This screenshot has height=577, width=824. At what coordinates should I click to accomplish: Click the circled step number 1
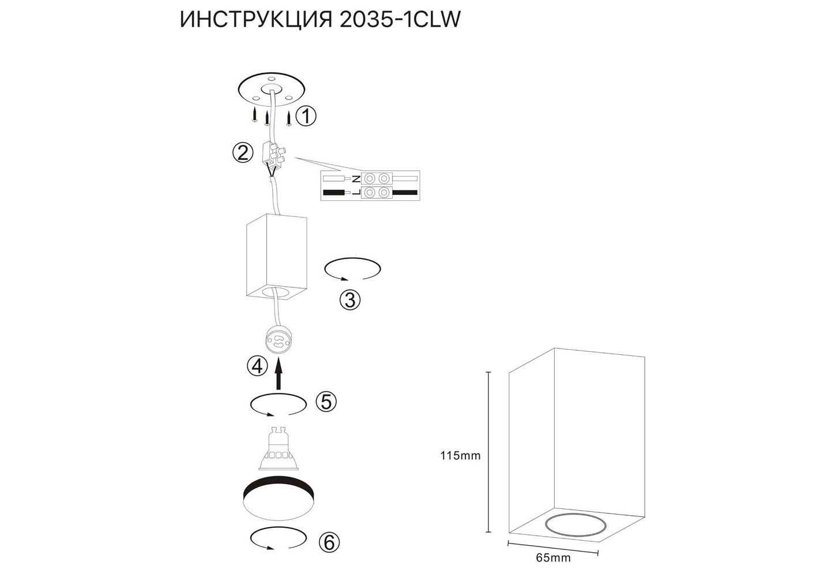point(306,117)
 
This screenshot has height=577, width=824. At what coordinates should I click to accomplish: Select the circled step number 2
point(243,153)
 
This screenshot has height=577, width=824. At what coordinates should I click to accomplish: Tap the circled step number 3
point(350,300)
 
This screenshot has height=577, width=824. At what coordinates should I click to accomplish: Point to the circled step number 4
point(257,366)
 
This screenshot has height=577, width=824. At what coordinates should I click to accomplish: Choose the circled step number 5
point(326,402)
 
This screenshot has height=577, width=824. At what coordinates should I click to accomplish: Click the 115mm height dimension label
point(461,456)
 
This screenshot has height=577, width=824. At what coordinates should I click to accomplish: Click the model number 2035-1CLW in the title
point(400,20)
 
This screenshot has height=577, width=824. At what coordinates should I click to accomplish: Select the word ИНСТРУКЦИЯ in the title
point(256,20)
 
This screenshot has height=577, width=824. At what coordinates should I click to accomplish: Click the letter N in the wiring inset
point(356,179)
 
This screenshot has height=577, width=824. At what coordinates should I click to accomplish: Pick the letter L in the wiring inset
point(356,192)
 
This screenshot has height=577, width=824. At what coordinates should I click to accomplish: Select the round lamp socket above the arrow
point(279,341)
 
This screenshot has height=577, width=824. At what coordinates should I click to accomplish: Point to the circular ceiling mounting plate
point(272,90)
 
